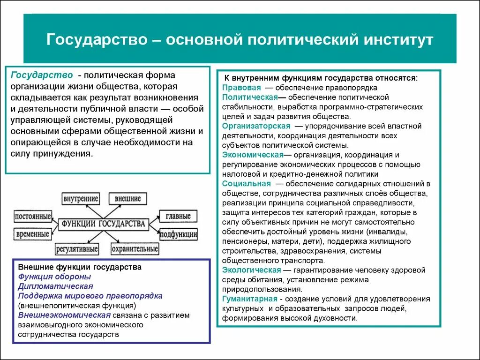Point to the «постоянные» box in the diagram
click(x=32, y=217)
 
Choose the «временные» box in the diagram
click(x=32, y=233)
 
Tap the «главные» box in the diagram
click(x=178, y=217)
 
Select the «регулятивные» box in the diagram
click(x=77, y=248)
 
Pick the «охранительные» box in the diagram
click(x=135, y=248)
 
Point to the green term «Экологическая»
click(x=251, y=270)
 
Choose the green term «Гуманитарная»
click(x=250, y=299)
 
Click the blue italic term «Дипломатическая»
click(x=55, y=286)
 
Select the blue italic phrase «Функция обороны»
click(x=52, y=277)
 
